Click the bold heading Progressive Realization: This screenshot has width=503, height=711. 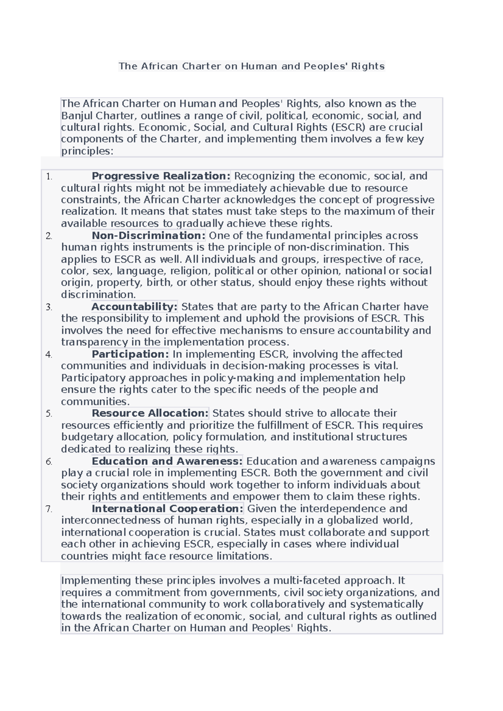pos(161,176)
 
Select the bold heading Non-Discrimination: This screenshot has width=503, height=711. pos(148,235)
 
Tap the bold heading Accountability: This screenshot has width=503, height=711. pos(135,307)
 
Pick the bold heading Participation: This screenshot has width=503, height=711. pos(130,354)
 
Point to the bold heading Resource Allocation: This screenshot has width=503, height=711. pos(150,413)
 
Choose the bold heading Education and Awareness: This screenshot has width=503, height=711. pos(167,461)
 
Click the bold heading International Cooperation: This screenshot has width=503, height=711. pos(167,509)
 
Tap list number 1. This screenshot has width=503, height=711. pos(49,177)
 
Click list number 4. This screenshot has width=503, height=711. pos(49,355)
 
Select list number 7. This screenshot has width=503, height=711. pos(49,510)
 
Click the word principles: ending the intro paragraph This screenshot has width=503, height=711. pos(87,151)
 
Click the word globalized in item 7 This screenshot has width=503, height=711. pos(353,520)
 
